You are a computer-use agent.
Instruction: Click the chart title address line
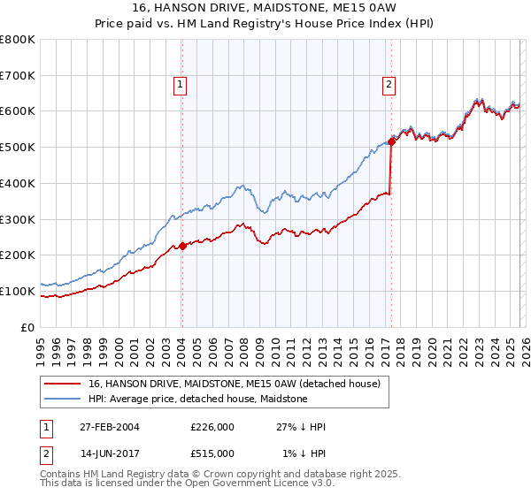[265, 8]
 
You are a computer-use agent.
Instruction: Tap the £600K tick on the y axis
[18, 111]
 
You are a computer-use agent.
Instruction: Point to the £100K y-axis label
[18, 291]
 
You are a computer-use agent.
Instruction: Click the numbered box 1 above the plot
[180, 85]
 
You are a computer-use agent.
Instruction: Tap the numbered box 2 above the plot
[389, 85]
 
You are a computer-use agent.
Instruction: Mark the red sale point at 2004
[182, 246]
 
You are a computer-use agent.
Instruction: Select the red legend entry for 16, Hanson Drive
[235, 384]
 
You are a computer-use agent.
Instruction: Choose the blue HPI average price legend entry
[197, 399]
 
